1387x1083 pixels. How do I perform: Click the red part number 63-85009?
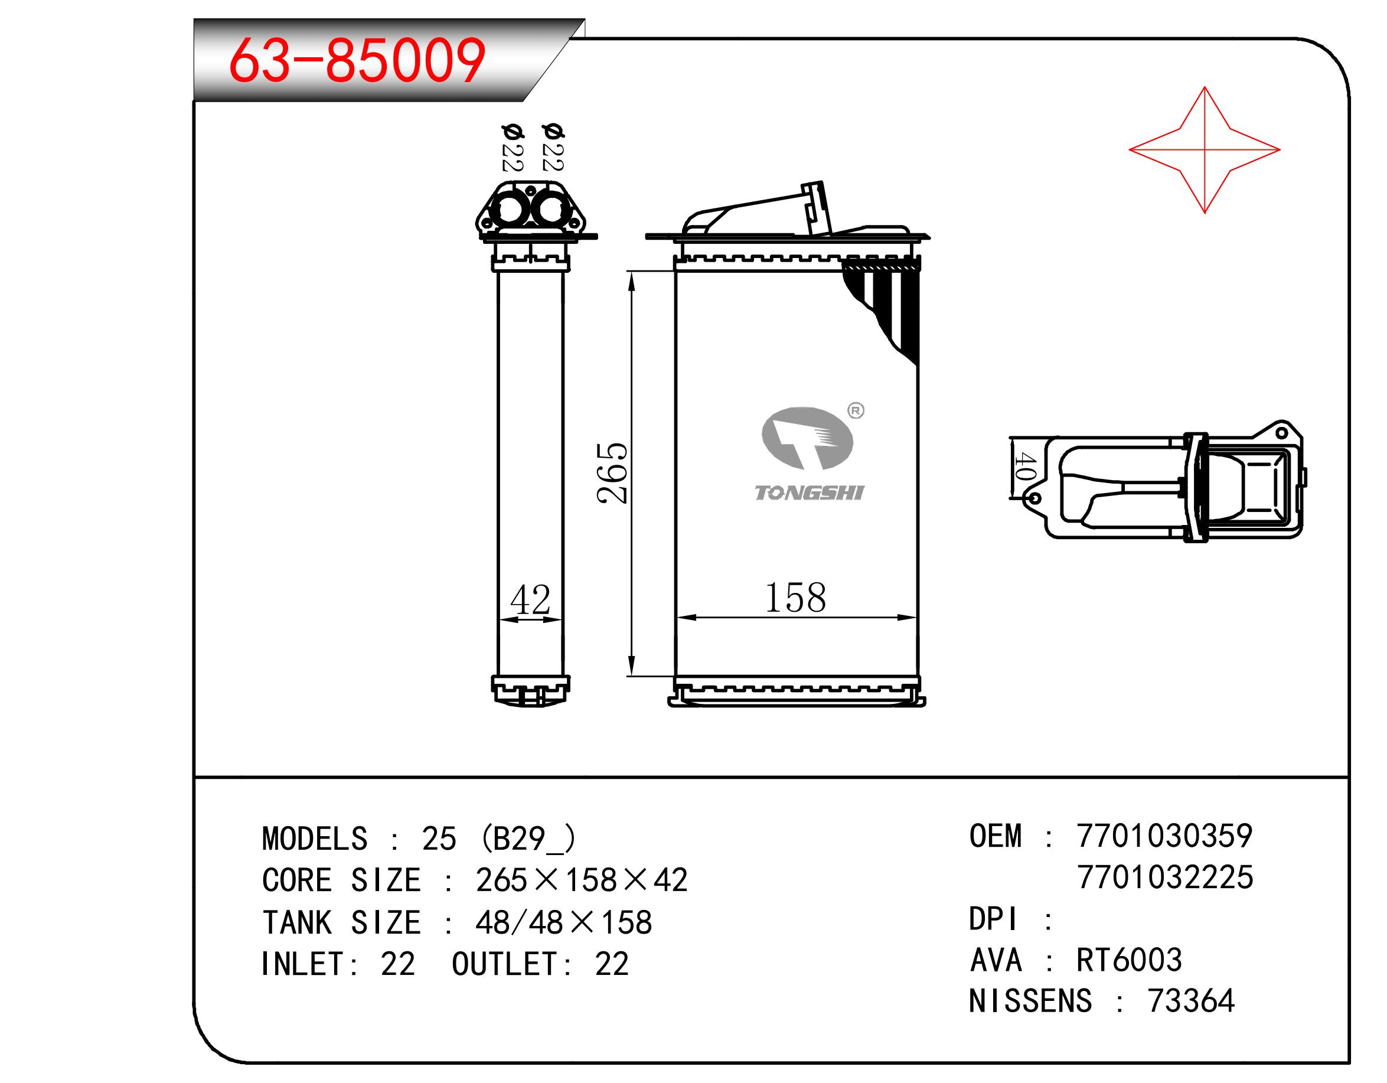(x=358, y=61)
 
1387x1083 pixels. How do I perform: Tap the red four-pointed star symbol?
(x=1204, y=150)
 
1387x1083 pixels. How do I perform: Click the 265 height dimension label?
(x=613, y=472)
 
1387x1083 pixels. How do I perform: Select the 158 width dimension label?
(x=796, y=598)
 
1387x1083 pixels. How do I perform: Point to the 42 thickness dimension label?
(x=530, y=599)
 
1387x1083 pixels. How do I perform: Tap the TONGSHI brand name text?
(x=809, y=493)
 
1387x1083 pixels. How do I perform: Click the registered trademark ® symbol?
(x=856, y=411)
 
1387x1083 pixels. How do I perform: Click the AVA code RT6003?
(x=1129, y=960)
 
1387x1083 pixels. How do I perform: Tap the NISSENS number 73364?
(x=1190, y=1001)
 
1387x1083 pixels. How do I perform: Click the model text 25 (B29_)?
(x=499, y=839)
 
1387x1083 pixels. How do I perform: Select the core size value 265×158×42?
(x=582, y=880)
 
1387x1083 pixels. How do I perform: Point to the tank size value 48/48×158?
(x=564, y=922)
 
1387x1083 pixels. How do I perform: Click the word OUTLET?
(x=505, y=964)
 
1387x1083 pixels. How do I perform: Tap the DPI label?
(x=994, y=918)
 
